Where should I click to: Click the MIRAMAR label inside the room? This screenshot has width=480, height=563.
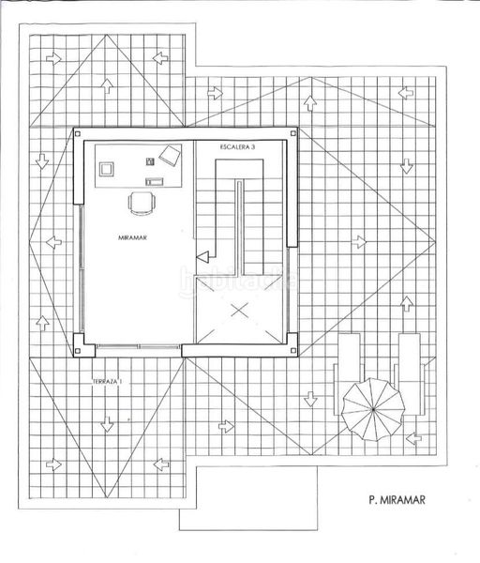click(133, 237)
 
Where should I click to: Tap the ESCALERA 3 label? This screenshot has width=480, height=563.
click(237, 147)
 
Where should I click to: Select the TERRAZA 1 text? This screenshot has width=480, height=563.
click(107, 382)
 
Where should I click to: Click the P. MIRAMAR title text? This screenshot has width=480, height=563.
click(397, 500)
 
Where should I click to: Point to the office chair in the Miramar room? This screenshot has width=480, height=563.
click(142, 204)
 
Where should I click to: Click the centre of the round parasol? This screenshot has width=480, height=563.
click(373, 409)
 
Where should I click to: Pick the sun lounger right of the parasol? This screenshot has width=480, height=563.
click(409, 373)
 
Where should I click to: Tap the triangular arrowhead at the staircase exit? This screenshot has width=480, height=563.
click(202, 257)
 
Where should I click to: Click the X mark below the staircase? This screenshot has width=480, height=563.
click(240, 311)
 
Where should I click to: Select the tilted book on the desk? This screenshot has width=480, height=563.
click(171, 155)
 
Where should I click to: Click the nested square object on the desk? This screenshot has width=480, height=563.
click(107, 169)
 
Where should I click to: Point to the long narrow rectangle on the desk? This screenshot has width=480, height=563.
click(155, 182)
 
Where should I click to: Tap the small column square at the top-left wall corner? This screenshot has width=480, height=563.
click(78, 133)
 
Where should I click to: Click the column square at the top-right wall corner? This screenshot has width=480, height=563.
click(293, 133)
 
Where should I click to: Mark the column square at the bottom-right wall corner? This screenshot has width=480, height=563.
click(293, 351)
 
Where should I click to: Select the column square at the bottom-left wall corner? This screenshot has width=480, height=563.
click(78, 351)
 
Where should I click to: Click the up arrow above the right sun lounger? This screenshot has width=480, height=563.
click(407, 304)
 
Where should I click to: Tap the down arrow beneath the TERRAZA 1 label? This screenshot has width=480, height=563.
click(107, 424)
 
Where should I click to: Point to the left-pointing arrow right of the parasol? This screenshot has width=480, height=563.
click(414, 437)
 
